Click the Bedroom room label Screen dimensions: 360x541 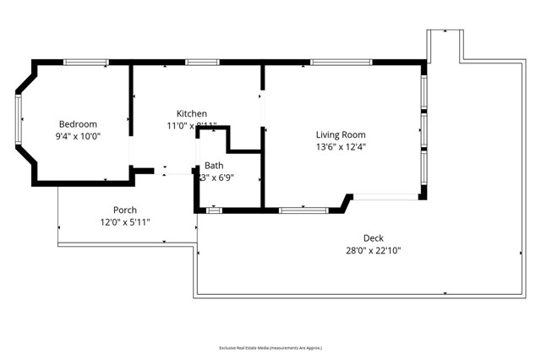(77, 123)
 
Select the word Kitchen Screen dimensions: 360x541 (192, 114)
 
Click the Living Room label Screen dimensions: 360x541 (341, 134)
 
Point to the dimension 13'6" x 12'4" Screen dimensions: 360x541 (341, 146)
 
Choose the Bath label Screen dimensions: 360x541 (214, 166)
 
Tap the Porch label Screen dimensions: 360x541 (125, 210)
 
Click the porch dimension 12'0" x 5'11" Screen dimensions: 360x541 (125, 222)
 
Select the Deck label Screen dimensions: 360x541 (374, 238)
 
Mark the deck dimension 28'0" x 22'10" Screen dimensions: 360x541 (374, 250)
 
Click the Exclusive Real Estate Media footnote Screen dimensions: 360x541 (270, 347)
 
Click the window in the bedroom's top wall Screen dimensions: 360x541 (86, 62)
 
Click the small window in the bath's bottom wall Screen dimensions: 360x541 (215, 209)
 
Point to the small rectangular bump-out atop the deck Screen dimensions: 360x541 (445, 45)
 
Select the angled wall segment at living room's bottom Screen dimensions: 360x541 (346, 202)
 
